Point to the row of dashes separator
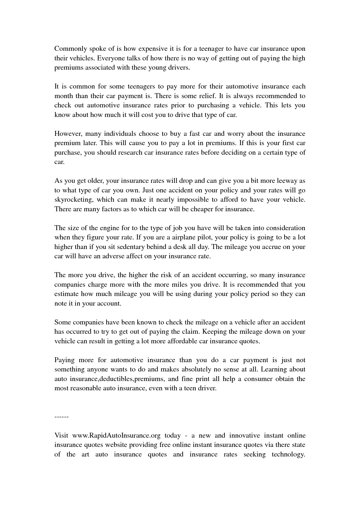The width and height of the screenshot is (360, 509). [x=61, y=417]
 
